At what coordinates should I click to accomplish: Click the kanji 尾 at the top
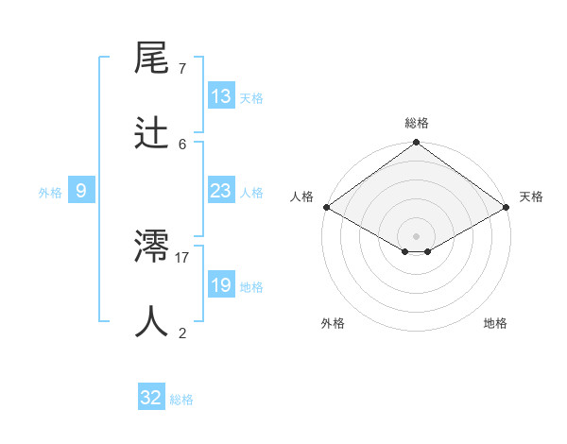(x=152, y=59)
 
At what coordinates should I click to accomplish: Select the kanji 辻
(x=152, y=133)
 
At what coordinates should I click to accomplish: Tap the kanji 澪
(x=152, y=247)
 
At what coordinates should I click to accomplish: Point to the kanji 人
(x=152, y=322)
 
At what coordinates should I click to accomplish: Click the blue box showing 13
(x=221, y=96)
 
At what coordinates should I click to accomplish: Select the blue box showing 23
(x=221, y=191)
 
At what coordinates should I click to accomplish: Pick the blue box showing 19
(x=221, y=285)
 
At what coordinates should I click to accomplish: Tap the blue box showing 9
(x=81, y=191)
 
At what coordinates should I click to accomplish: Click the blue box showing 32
(x=151, y=398)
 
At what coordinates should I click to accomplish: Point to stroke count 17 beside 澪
(x=182, y=257)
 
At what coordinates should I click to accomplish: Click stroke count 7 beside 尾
(x=182, y=69)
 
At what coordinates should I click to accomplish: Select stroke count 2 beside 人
(x=182, y=333)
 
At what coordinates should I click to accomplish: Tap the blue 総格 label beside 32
(x=181, y=400)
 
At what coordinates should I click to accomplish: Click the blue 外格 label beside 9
(x=50, y=193)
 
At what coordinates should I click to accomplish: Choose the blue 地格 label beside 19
(x=251, y=287)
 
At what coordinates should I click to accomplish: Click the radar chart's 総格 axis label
(x=417, y=123)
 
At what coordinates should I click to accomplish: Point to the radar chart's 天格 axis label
(x=531, y=196)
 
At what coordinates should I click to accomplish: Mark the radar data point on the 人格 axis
(x=326, y=207)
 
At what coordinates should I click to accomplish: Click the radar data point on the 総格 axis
(x=417, y=144)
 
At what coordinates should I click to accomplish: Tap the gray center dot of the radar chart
(x=417, y=235)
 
